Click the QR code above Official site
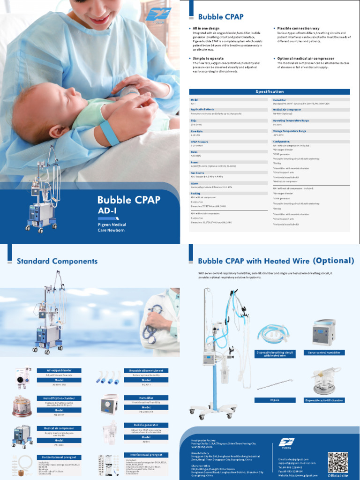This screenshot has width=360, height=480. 337,462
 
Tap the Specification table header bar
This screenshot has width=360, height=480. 270,92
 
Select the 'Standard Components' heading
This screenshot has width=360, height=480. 57,261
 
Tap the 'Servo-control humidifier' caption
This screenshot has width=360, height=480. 324,352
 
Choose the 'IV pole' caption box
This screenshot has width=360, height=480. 275,400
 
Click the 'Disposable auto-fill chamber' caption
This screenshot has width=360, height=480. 324,400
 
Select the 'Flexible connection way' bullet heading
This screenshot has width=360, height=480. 298,29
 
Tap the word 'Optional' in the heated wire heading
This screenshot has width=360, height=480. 333,261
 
